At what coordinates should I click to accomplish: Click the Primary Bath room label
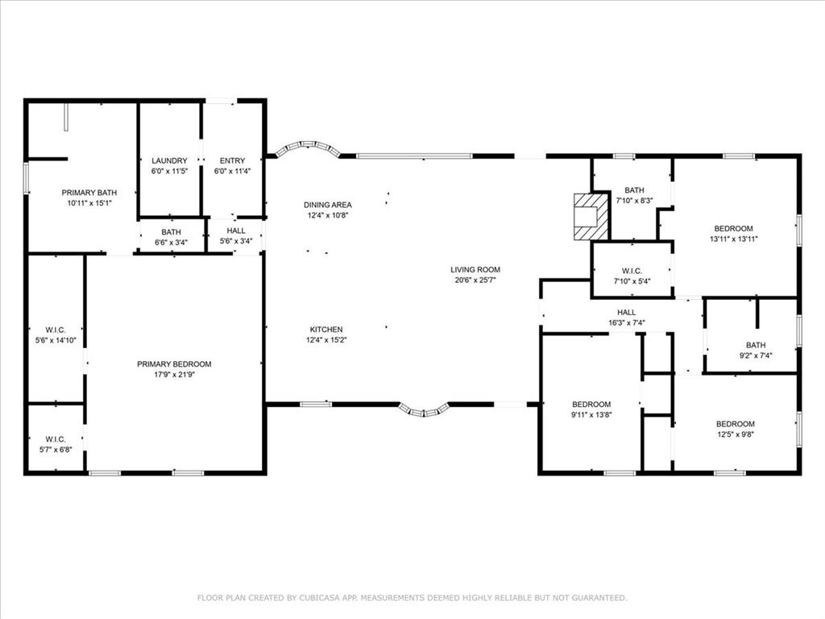click(89, 193)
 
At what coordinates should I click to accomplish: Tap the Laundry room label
click(169, 160)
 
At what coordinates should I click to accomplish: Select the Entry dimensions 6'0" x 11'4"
click(233, 171)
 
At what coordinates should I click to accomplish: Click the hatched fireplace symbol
click(591, 216)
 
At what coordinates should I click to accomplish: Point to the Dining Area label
click(328, 205)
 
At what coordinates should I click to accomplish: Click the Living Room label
click(475, 269)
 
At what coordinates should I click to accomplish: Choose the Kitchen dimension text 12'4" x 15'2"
click(326, 339)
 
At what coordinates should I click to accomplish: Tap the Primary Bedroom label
click(174, 364)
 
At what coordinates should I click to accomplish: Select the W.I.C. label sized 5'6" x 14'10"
click(56, 330)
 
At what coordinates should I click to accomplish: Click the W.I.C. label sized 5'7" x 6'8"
click(56, 439)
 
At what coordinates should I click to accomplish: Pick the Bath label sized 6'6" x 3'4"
click(171, 231)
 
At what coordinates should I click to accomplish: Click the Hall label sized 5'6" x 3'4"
click(236, 231)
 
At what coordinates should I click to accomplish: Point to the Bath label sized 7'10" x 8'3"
click(635, 190)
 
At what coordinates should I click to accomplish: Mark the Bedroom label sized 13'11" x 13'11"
click(733, 228)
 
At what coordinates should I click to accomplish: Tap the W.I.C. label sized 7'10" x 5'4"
click(632, 271)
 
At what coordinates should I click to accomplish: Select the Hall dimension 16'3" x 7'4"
click(627, 322)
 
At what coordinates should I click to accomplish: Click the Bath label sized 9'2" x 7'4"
click(756, 345)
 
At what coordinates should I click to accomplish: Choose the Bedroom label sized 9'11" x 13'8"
click(591, 405)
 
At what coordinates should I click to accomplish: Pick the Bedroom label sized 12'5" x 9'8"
click(736, 424)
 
